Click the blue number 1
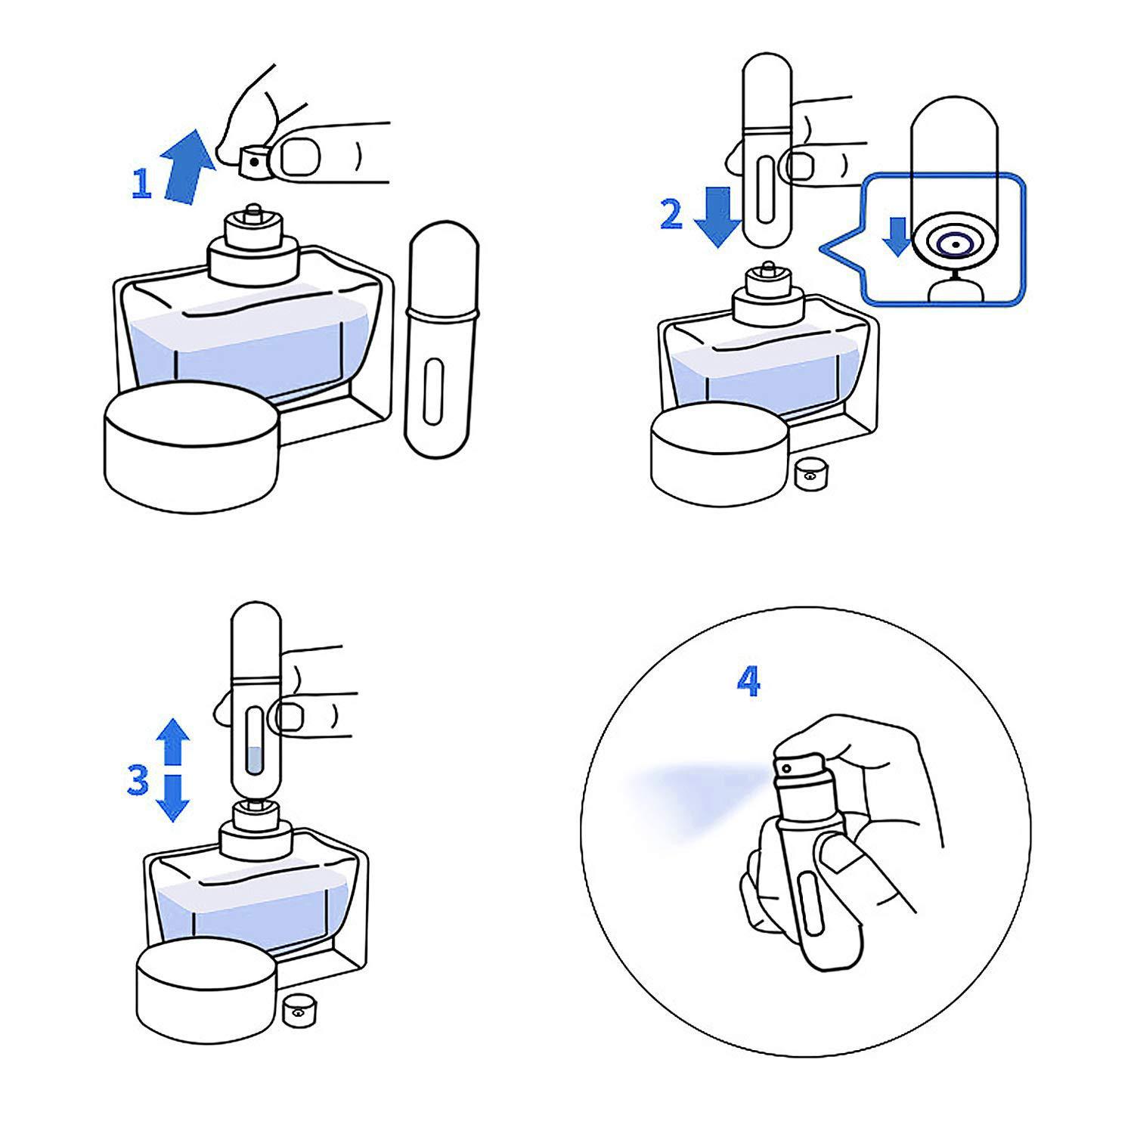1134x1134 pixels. [141, 184]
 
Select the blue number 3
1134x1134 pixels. [137, 781]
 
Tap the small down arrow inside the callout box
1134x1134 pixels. [897, 236]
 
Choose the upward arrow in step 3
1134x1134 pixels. [175, 742]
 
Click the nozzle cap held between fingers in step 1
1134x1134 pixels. [253, 160]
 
